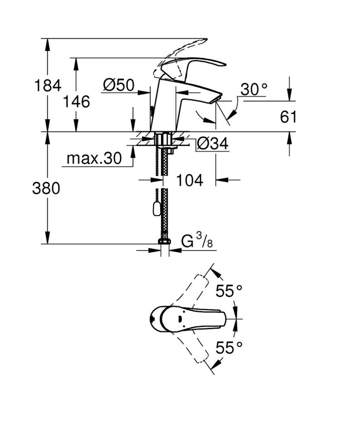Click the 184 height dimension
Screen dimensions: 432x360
pyautogui.click(x=48, y=85)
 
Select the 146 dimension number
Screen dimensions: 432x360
pyautogui.click(x=76, y=101)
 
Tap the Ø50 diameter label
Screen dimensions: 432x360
pyautogui.click(x=118, y=85)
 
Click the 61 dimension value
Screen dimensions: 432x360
pyautogui.click(x=288, y=117)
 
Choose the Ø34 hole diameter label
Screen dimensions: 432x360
pyautogui.click(x=212, y=145)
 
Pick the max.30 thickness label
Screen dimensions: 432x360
pyautogui.click(x=94, y=158)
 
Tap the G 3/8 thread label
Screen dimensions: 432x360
pyautogui.click(x=197, y=242)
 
